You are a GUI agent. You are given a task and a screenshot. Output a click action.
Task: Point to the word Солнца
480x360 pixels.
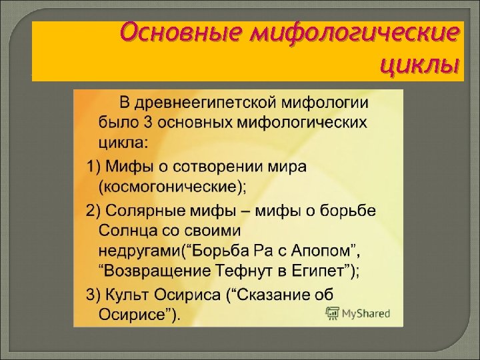click(123, 230)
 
